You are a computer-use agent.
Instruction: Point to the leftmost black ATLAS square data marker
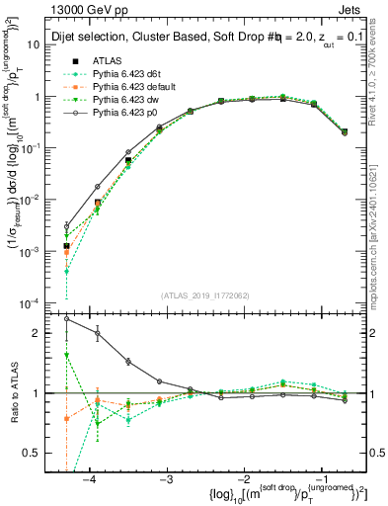point(67,246)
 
